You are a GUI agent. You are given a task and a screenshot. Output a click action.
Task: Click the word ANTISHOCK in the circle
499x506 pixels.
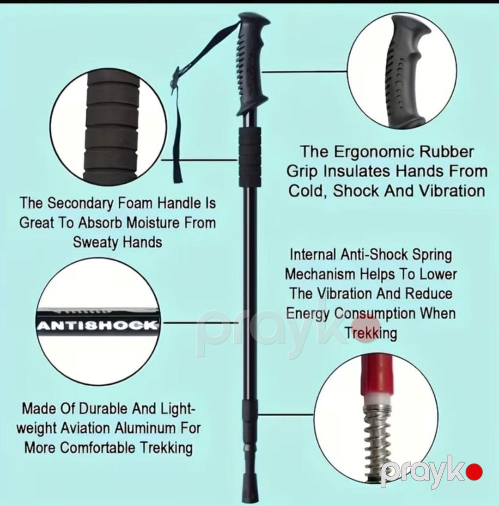[98, 325]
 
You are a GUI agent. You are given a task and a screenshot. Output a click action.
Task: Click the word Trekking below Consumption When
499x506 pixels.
[371, 333]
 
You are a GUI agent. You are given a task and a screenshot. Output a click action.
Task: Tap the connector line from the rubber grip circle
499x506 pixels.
[304, 72]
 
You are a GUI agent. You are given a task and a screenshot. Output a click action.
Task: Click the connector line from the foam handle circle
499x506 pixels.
[200, 160]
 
